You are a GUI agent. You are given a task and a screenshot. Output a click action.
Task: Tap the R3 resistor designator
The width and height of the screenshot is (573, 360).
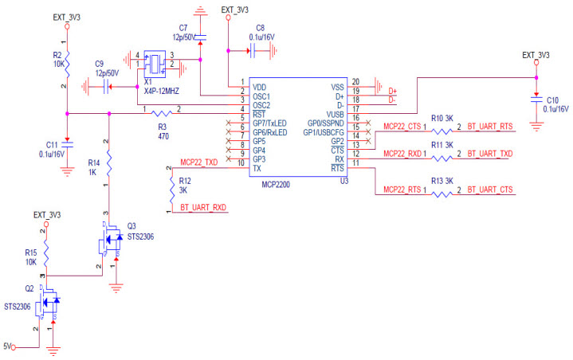[x=163, y=126]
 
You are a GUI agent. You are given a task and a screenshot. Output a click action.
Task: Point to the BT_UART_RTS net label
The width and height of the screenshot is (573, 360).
[x=490, y=126]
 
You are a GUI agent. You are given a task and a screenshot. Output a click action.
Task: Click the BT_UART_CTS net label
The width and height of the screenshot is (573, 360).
[x=490, y=189]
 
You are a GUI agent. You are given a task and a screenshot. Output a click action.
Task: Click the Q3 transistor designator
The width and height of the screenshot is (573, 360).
[x=132, y=225]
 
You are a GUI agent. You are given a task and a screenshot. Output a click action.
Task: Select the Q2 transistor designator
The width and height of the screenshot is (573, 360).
[x=29, y=289]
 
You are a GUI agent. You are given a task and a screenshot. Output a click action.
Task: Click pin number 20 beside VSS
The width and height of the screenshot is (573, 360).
[x=355, y=81]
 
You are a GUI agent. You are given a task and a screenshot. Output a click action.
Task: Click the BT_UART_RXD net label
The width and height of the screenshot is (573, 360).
[x=203, y=208]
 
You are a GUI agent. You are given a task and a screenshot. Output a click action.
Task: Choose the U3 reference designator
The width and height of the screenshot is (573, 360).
[x=344, y=181]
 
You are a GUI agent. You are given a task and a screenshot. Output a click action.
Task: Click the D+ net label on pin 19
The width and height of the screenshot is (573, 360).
[x=392, y=92]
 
